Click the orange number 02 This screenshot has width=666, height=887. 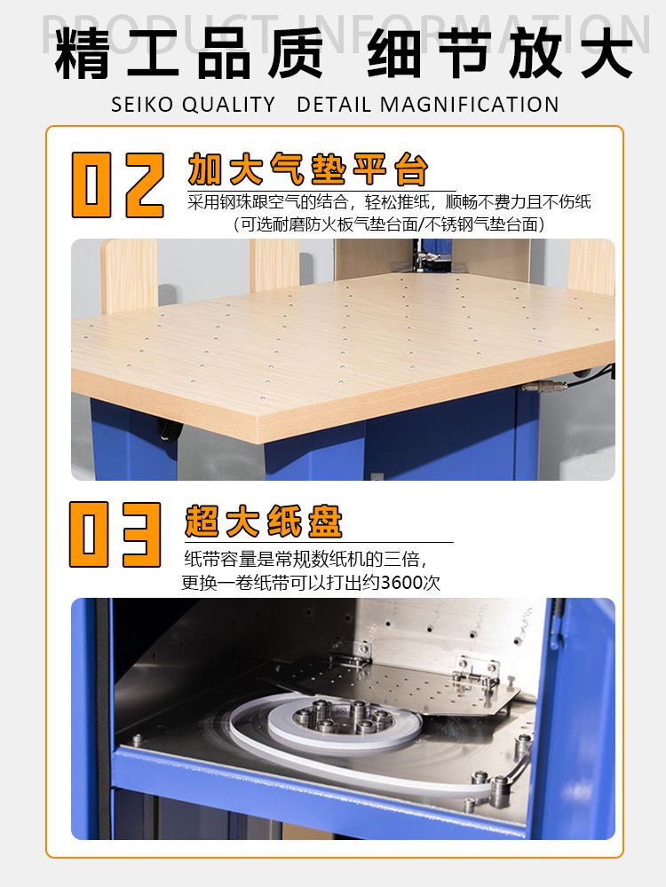point(118,184)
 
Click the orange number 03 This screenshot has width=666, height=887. point(115,535)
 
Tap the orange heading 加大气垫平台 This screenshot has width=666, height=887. point(307,169)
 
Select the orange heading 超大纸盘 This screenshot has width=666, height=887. point(264,521)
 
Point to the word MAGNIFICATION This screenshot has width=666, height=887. point(469,105)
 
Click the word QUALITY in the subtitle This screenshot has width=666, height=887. point(229,105)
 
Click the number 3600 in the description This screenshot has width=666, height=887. point(402,582)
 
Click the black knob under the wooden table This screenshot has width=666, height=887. point(168,428)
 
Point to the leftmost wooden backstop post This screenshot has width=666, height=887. point(129,276)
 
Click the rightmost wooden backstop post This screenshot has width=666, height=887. point(591,266)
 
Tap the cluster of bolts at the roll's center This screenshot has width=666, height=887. point(343,716)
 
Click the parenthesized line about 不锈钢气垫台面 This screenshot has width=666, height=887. point(389,224)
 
